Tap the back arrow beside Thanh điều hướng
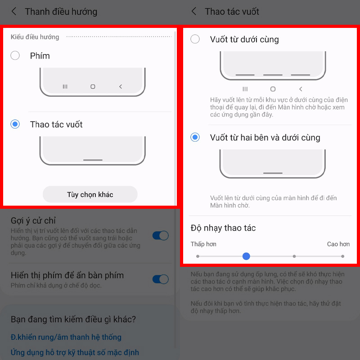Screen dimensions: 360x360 click(14, 12)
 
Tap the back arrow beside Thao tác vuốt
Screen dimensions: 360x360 click(194, 12)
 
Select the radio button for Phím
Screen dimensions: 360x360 click(15, 56)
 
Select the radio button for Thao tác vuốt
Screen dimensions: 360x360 click(15, 124)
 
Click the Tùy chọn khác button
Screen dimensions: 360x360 click(90, 194)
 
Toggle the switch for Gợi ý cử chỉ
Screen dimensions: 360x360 click(160, 235)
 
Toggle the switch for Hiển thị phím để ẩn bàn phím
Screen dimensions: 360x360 click(160, 279)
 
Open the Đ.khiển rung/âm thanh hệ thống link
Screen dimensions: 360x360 click(66, 337)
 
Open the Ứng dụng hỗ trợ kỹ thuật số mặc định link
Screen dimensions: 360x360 click(75, 352)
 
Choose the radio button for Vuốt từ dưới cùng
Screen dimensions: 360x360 click(195, 39)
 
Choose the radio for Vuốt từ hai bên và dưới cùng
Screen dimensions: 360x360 click(195, 137)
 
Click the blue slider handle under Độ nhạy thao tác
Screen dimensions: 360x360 click(246, 256)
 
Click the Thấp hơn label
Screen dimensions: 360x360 click(203, 244)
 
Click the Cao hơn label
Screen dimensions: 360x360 click(338, 244)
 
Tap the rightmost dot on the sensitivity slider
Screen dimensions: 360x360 click(342, 256)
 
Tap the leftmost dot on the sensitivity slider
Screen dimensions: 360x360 click(198, 256)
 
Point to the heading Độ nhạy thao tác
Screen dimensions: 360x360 click(223, 228)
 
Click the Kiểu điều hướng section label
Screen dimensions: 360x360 click(35, 37)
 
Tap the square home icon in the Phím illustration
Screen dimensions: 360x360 click(93, 86)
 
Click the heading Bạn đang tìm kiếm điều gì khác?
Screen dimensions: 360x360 click(73, 319)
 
